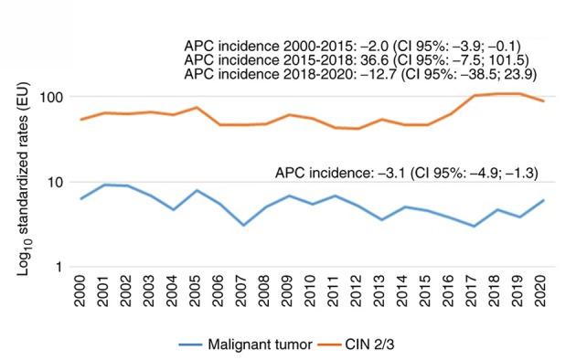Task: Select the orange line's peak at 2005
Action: tap(197, 107)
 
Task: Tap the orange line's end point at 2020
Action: tap(543, 101)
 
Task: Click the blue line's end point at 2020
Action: tap(543, 200)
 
